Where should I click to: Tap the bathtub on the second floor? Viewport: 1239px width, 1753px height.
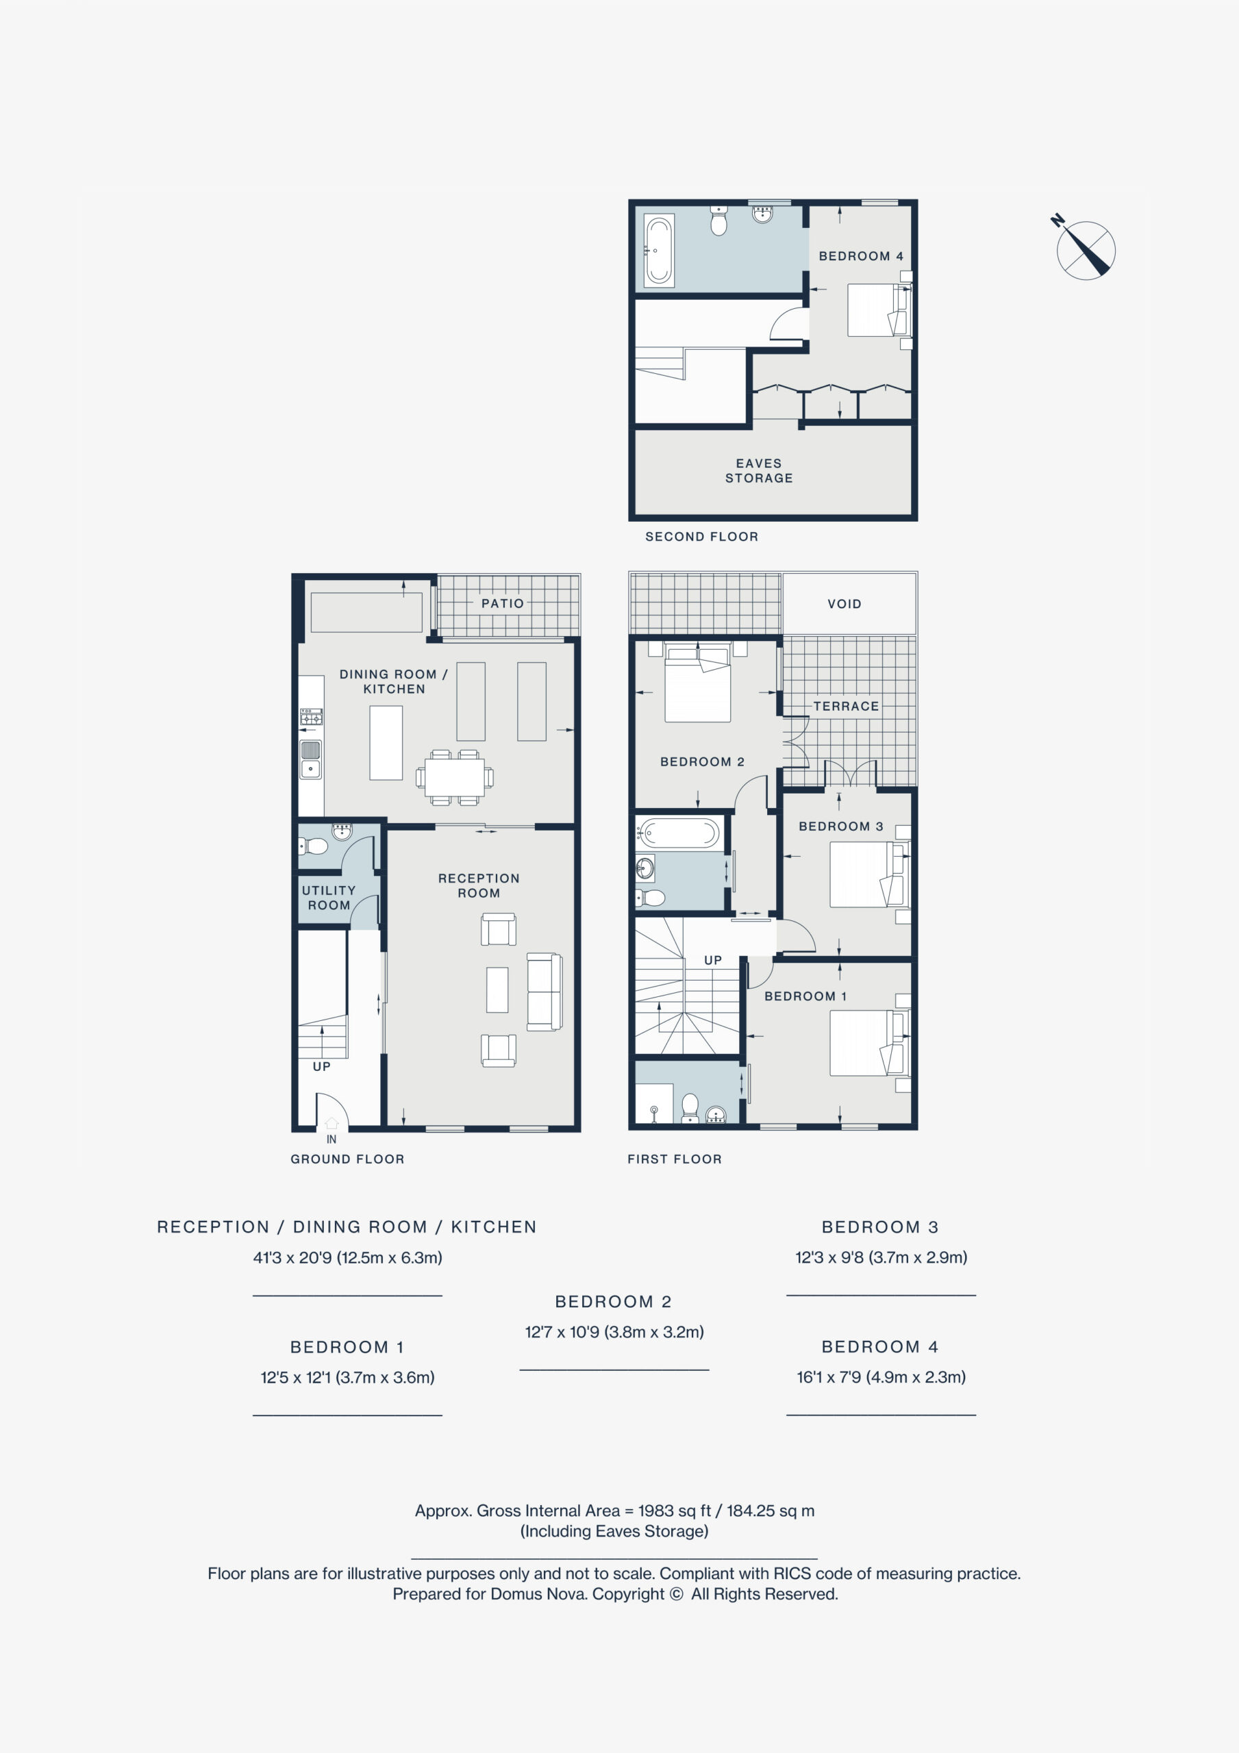pos(658,250)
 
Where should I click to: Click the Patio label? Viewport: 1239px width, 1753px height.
pos(503,603)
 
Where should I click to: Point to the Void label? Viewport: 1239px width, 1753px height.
pos(844,604)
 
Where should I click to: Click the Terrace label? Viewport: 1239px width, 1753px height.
pos(846,706)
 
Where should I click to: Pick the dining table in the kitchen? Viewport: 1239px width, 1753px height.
pos(455,778)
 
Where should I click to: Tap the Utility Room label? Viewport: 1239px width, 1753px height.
pos(329,898)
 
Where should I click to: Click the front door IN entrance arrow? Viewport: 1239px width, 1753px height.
pos(331,1123)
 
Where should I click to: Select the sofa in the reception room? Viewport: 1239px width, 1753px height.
pos(545,992)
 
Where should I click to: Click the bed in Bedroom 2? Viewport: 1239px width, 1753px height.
pos(697,682)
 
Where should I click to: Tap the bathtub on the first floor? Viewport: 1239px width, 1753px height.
pos(679,833)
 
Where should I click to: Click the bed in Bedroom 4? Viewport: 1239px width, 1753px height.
pos(879,310)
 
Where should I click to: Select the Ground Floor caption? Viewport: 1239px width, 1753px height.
pos(347,1159)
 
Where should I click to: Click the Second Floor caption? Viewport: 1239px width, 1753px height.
pos(702,537)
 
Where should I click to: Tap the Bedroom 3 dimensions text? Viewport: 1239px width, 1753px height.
pos(881,1257)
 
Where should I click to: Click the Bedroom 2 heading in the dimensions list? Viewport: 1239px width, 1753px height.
pos(614,1302)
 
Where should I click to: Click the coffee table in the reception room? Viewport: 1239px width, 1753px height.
pos(497,990)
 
